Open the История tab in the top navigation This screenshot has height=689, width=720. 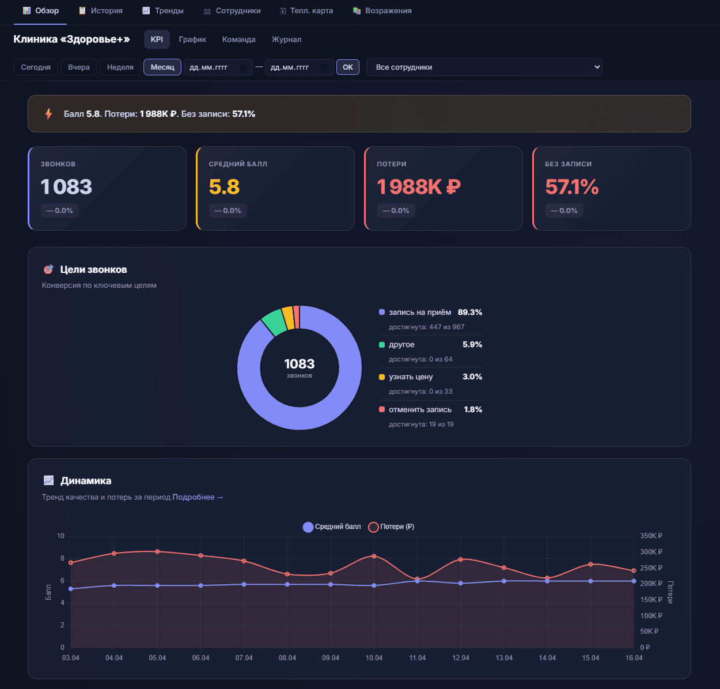101,11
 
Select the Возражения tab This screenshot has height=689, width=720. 382,11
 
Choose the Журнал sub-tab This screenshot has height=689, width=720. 286,40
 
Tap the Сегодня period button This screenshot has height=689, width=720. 36,67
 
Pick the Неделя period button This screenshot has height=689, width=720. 120,67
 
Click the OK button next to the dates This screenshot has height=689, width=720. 348,67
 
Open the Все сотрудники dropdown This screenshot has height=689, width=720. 484,67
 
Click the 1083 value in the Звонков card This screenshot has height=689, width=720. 66,187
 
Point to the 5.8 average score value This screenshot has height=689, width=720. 224,187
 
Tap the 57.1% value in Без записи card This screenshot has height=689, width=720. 572,187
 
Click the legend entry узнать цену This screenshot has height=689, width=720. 411,377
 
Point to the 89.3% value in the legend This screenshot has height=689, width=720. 470,313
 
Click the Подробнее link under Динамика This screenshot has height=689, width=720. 198,497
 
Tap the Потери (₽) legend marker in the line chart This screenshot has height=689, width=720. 373,527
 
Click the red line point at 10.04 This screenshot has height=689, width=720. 374,556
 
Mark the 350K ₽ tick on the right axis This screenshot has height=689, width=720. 651,536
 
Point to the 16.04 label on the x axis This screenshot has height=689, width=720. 634,658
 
